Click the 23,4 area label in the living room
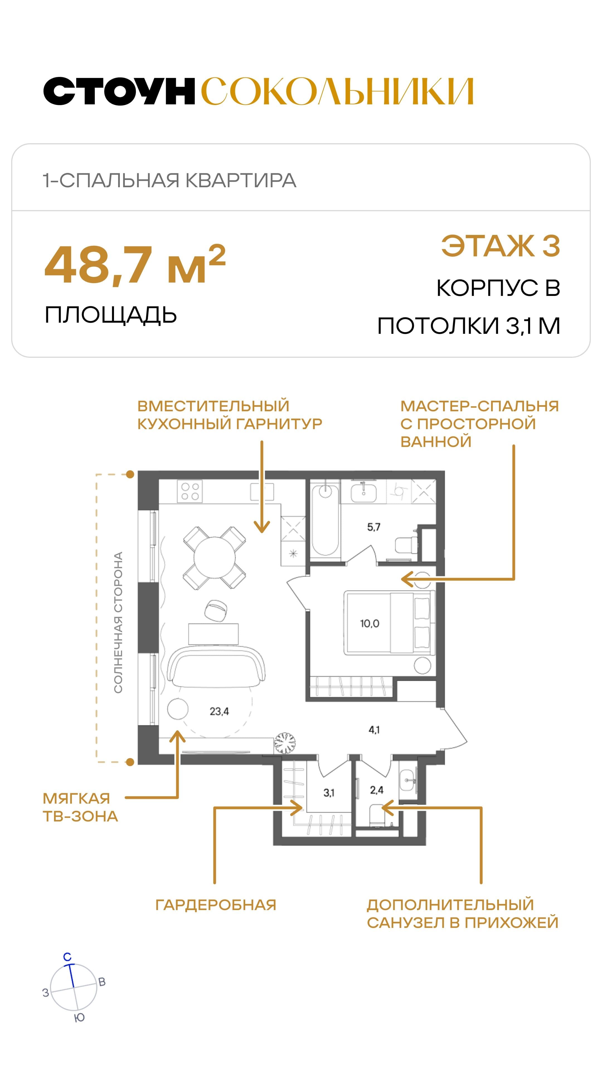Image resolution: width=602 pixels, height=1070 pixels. [219, 712]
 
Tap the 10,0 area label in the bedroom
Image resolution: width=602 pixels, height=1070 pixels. [369, 624]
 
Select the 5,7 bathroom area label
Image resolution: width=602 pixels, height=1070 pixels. [373, 527]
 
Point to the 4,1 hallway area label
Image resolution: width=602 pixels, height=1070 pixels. [374, 730]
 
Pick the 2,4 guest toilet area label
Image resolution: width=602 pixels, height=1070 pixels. [377, 790]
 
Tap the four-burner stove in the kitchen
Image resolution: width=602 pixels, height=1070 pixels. [190, 491]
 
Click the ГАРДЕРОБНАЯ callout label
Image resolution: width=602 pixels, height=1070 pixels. [216, 905]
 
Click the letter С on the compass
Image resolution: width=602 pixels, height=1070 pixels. [67, 957]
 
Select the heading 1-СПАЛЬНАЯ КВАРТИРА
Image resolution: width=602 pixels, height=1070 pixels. [169, 180]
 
